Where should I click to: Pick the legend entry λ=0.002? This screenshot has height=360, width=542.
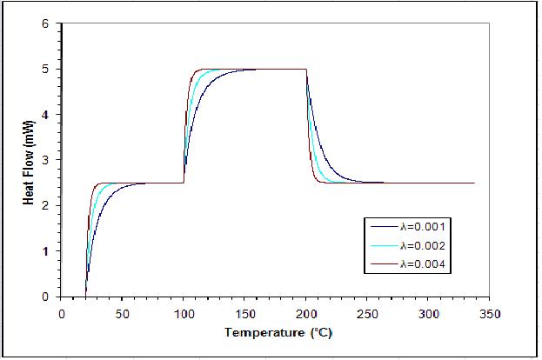point(428,247)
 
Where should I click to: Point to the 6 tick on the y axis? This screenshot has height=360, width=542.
point(46,23)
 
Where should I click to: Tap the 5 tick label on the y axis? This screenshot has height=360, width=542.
point(46,69)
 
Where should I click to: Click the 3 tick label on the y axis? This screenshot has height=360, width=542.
point(46,160)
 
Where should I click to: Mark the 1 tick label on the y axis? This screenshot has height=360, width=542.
point(46,251)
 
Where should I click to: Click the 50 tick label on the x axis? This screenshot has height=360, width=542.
point(122,311)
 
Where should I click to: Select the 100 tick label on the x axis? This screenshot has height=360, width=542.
point(184,311)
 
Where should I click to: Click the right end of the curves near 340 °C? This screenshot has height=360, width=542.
point(473,183)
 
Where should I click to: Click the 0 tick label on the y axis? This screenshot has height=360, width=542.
point(46,297)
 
